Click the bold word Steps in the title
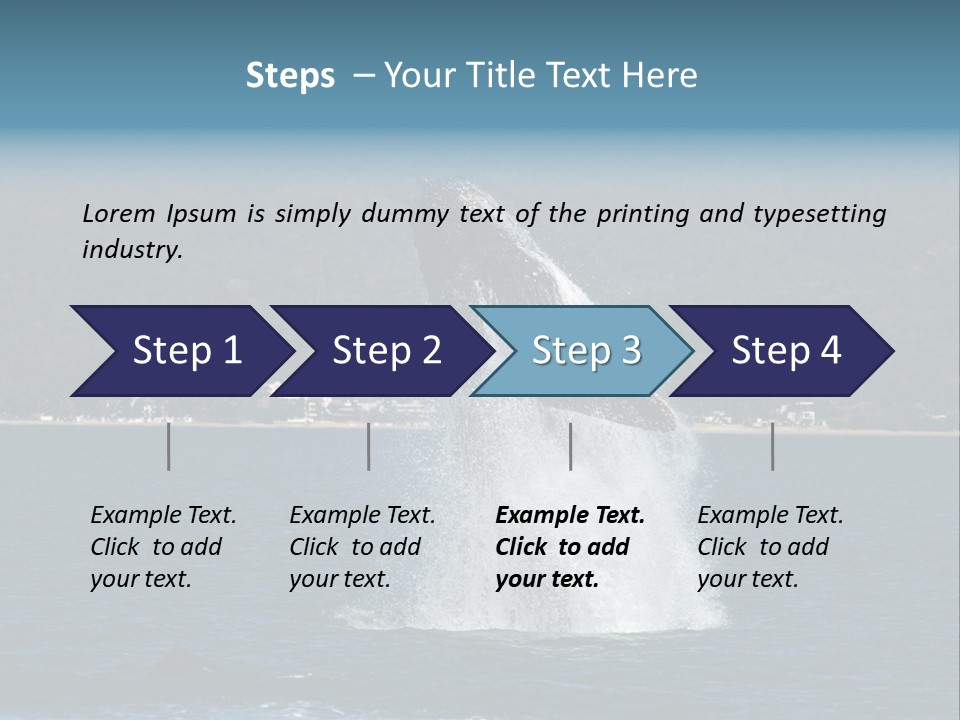[x=290, y=76]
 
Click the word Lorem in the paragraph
[x=119, y=213]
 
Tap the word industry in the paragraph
[x=132, y=249]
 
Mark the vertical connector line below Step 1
[x=169, y=446]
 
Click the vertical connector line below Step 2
[x=369, y=446]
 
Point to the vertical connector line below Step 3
[x=571, y=446]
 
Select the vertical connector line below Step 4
[x=773, y=446]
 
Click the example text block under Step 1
[x=163, y=547]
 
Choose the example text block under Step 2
[x=362, y=547]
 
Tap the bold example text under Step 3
[x=570, y=547]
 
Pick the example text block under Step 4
[x=770, y=547]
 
